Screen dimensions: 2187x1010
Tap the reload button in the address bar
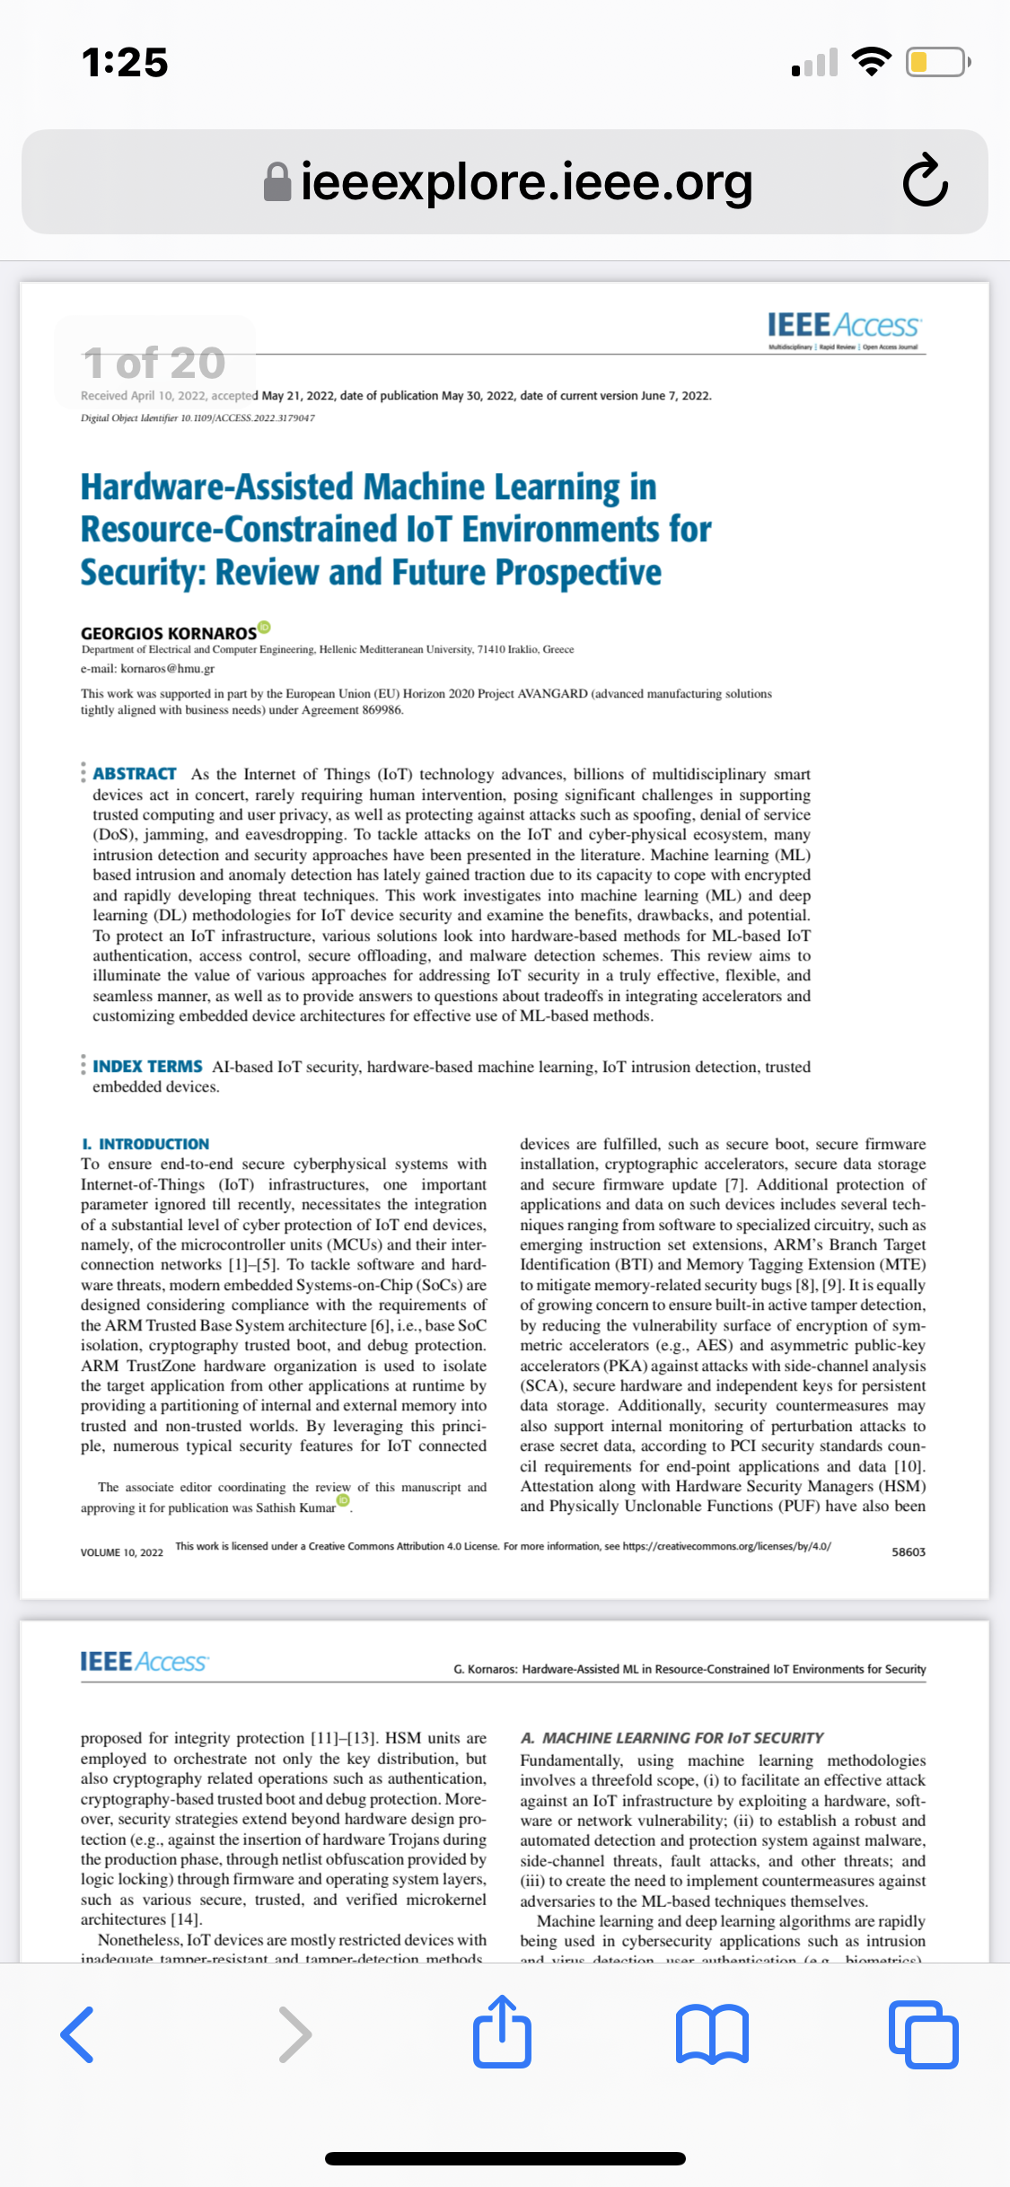925,181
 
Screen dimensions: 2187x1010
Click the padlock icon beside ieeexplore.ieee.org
277,182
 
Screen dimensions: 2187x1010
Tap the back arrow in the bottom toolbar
78,2034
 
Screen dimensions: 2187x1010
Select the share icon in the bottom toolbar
502,2033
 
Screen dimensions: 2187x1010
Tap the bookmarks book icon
712,2034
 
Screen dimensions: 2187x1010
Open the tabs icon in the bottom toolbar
923,2034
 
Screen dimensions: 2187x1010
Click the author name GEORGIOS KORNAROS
169,633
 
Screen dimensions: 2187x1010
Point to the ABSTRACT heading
135,774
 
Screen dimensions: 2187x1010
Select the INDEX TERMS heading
147,1067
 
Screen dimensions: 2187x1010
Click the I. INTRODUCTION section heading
145,1144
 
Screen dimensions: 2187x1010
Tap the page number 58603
908,1552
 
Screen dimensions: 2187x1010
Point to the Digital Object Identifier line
198,418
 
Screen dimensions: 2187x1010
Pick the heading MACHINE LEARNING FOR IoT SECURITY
682,1738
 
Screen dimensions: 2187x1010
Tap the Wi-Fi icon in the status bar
870,61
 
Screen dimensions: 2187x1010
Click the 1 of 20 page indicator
154,363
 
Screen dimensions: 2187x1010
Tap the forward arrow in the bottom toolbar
294,2034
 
